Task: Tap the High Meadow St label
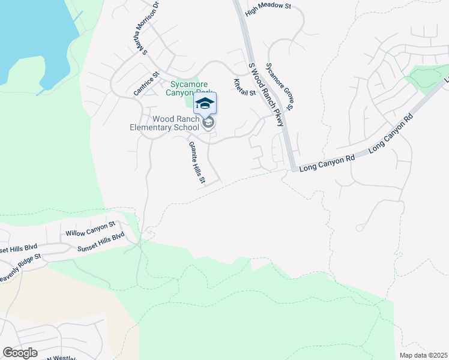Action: (x=268, y=7)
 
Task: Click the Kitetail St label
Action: (x=244, y=87)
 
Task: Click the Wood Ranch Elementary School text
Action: (x=165, y=123)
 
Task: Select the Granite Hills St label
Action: (x=197, y=163)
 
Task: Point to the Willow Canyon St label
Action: (x=90, y=229)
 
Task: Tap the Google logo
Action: (x=20, y=353)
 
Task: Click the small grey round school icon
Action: (x=208, y=124)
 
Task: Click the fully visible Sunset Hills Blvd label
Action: (x=100, y=241)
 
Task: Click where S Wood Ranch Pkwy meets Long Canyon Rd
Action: (x=293, y=169)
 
